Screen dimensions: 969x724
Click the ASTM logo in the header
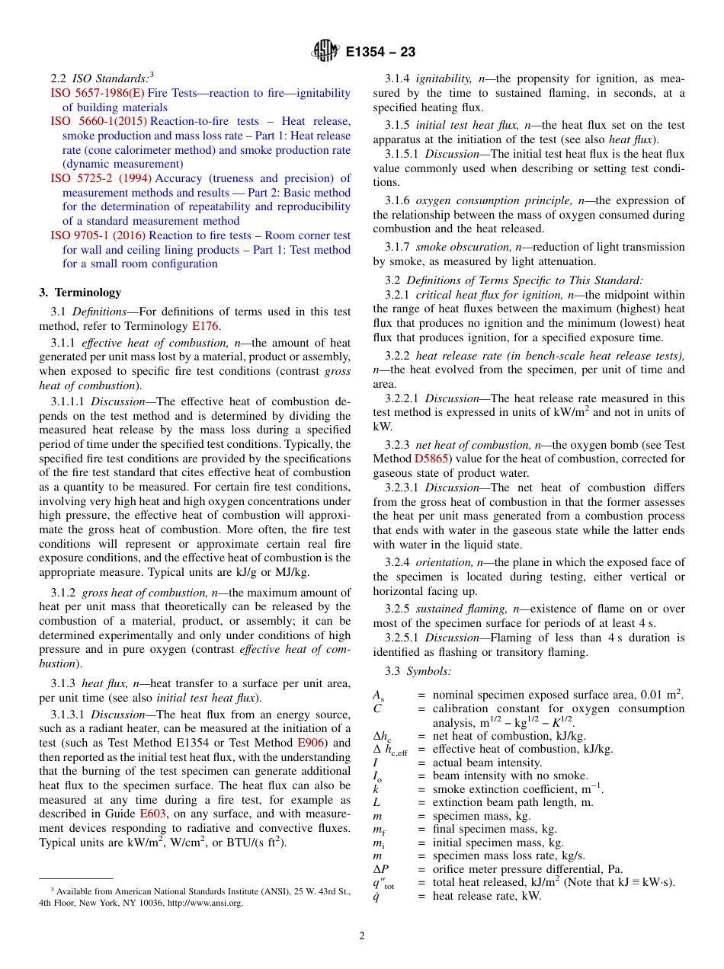(325, 52)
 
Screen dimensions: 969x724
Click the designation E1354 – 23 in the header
(380, 53)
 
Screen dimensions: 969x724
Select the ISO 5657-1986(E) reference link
(97, 93)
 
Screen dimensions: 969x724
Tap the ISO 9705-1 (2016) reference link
(98, 235)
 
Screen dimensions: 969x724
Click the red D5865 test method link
(431, 459)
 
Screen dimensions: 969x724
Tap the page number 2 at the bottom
(362, 935)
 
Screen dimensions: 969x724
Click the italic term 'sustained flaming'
(462, 609)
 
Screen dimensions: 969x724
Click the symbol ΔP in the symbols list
(380, 869)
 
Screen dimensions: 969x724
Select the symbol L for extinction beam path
(376, 802)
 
